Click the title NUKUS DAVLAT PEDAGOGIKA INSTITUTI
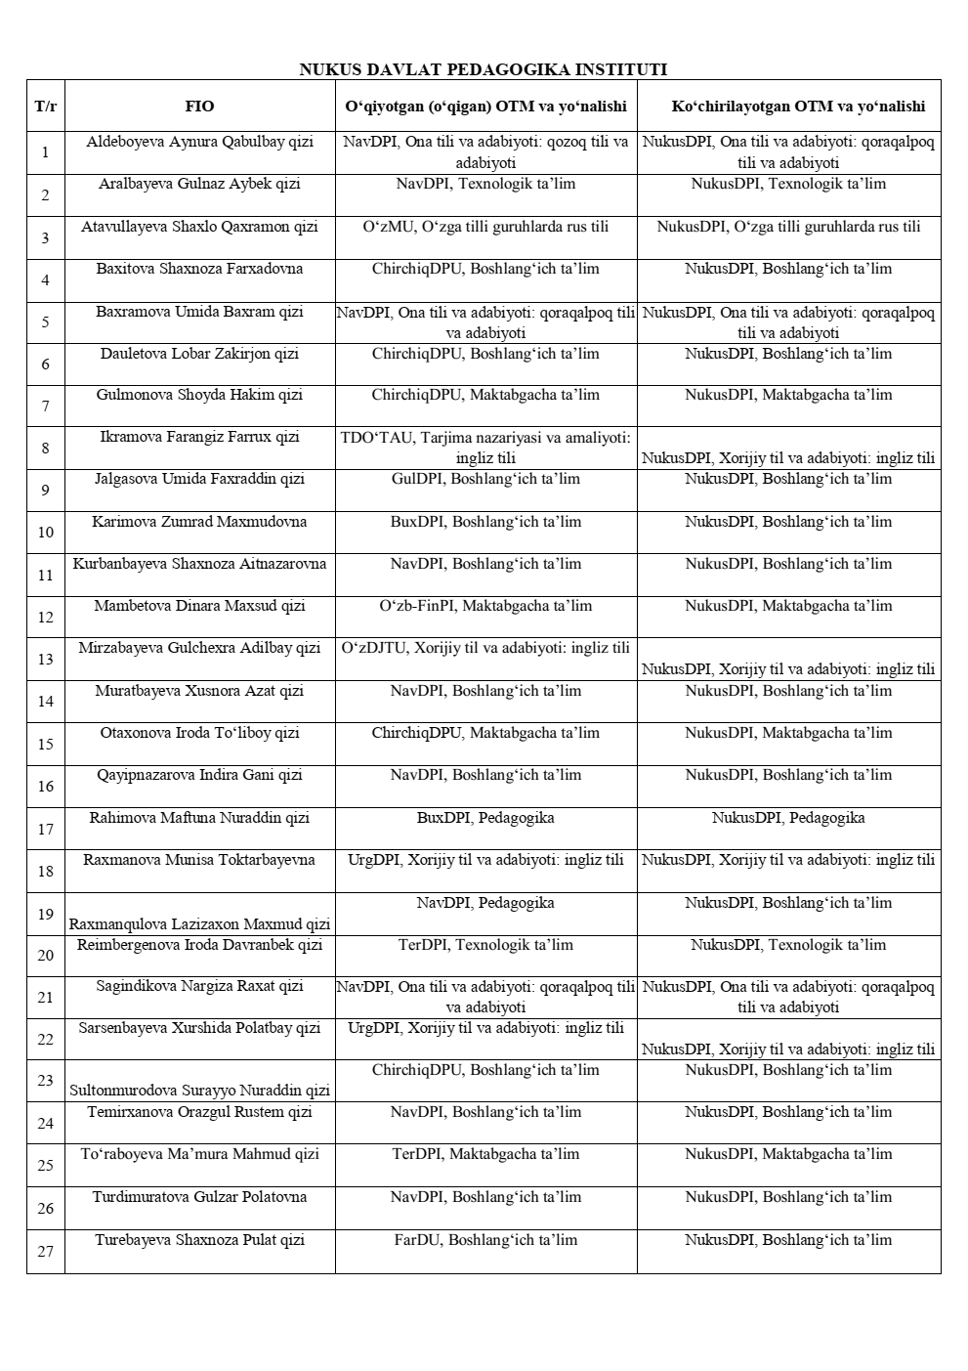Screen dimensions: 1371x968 pos(483,69)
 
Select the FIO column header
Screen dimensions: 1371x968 pos(199,107)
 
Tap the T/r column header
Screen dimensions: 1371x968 pos(45,107)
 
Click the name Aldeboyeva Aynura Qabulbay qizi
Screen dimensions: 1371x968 pos(199,142)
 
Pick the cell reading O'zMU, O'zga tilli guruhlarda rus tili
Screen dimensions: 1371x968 pos(485,227)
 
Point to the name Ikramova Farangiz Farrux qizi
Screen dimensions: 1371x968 pos(199,437)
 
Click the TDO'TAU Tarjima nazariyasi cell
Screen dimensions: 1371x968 pos(485,448)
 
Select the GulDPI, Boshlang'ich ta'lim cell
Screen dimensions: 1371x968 pos(485,479)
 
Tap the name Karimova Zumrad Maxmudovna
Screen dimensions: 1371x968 pos(199,522)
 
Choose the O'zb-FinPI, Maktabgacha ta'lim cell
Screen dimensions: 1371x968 pos(485,606)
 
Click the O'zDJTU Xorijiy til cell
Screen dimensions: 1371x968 pos(485,648)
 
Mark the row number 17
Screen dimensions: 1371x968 pos(45,830)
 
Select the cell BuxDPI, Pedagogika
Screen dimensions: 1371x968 pos(485,818)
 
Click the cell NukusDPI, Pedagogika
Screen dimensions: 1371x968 pos(788,818)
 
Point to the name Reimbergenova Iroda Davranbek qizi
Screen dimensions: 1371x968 pos(199,945)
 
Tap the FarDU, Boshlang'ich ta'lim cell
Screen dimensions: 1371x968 pos(485,1240)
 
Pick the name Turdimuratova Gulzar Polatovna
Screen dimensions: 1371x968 pos(199,1197)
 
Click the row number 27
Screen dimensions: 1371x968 pos(45,1252)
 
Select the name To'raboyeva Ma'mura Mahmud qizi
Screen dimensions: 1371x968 pos(199,1154)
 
